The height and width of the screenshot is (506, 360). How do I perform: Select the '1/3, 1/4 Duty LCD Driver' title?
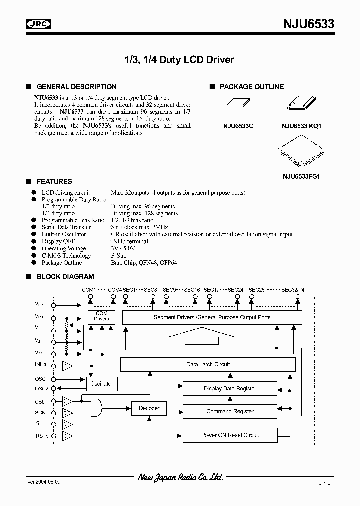point(179,60)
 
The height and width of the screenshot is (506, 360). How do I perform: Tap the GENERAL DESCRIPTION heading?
point(76,87)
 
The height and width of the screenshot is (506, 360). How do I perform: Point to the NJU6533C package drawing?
point(238,103)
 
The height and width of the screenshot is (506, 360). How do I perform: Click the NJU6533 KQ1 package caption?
point(301,126)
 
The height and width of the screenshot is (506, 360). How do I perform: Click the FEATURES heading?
point(54,181)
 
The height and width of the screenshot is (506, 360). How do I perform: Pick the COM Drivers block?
point(102,316)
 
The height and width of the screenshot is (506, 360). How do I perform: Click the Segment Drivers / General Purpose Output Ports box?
point(212,317)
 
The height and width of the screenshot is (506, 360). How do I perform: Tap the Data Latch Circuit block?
point(208,364)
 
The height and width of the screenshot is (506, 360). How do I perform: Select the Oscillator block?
point(102,384)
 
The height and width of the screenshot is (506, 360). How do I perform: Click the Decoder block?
point(149,408)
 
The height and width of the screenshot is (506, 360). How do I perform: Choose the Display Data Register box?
point(230,388)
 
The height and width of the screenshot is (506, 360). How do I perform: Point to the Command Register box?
point(230,411)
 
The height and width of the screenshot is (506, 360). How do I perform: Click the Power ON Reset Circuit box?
point(230,435)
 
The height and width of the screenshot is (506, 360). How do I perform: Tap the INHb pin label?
point(42,365)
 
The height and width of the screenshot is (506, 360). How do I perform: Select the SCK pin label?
point(40,412)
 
